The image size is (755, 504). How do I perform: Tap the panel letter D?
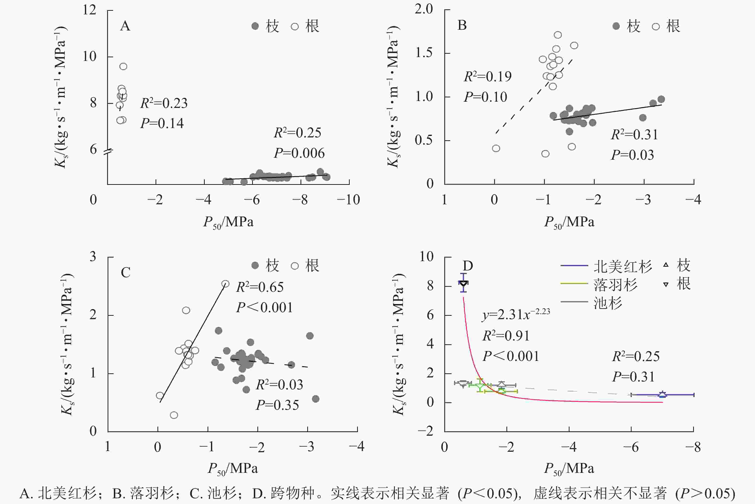(x=468, y=266)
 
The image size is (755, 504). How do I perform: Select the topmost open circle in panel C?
(x=226, y=284)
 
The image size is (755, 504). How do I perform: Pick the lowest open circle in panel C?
(x=174, y=415)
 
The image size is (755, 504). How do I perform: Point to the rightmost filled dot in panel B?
(x=661, y=99)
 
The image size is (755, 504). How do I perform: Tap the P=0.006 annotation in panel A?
(x=299, y=153)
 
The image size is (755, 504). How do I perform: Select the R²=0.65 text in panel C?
(x=260, y=287)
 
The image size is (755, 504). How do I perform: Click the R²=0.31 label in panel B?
(x=634, y=135)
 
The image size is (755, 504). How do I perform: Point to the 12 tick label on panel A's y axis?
(x=89, y=10)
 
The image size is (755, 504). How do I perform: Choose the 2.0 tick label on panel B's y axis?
(x=424, y=9)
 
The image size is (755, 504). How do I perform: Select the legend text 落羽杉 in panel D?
(x=615, y=284)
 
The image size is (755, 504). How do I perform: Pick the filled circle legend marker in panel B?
(x=616, y=26)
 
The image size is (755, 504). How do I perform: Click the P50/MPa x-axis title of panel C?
(x=232, y=469)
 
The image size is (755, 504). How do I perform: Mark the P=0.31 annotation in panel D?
(x=633, y=377)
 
